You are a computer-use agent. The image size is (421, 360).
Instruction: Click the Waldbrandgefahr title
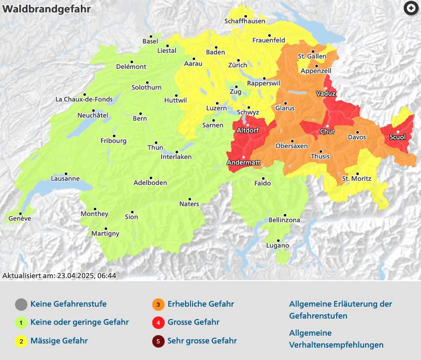click(47, 9)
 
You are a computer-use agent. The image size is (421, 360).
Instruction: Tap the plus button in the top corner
click(411, 8)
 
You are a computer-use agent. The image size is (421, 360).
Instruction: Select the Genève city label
click(20, 219)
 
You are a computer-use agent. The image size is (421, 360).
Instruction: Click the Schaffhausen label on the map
click(245, 21)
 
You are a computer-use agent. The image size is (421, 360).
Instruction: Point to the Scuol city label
click(397, 137)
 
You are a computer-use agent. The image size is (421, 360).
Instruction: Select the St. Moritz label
click(357, 179)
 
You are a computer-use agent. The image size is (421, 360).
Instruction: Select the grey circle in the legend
click(21, 304)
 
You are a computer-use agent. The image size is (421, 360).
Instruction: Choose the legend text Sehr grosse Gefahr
click(202, 340)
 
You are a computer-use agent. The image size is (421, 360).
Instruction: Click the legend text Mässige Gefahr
click(59, 340)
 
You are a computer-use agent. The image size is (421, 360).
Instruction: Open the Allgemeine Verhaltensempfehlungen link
click(336, 339)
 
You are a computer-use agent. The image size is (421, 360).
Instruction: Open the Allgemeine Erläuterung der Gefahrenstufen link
click(340, 310)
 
